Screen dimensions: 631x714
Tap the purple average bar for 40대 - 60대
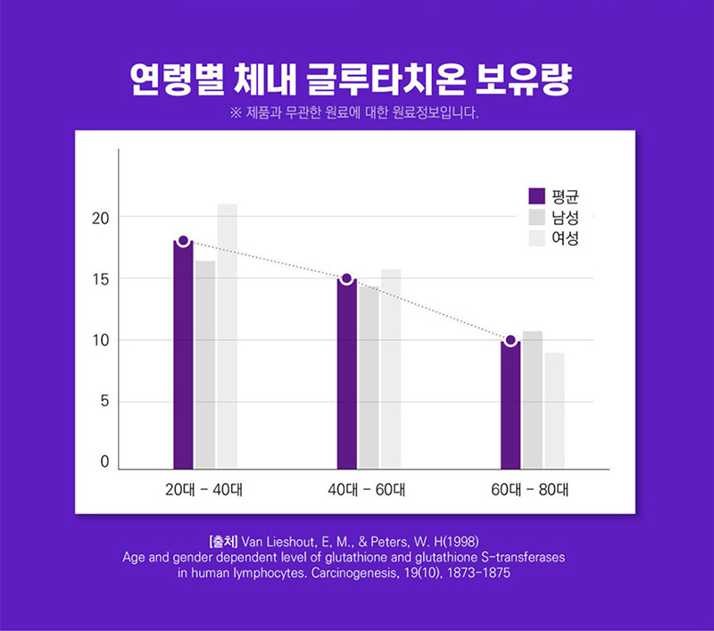tap(346, 374)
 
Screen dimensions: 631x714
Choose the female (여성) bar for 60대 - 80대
tap(554, 411)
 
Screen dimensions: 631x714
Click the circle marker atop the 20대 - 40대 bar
tap(183, 241)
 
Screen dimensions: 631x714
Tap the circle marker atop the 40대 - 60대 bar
tap(346, 278)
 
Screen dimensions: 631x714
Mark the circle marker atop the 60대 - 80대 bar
tap(510, 340)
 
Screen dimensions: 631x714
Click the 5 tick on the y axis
tap(104, 402)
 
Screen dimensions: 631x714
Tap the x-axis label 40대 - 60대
tap(367, 490)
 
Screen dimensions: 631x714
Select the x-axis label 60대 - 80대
tap(530, 490)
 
